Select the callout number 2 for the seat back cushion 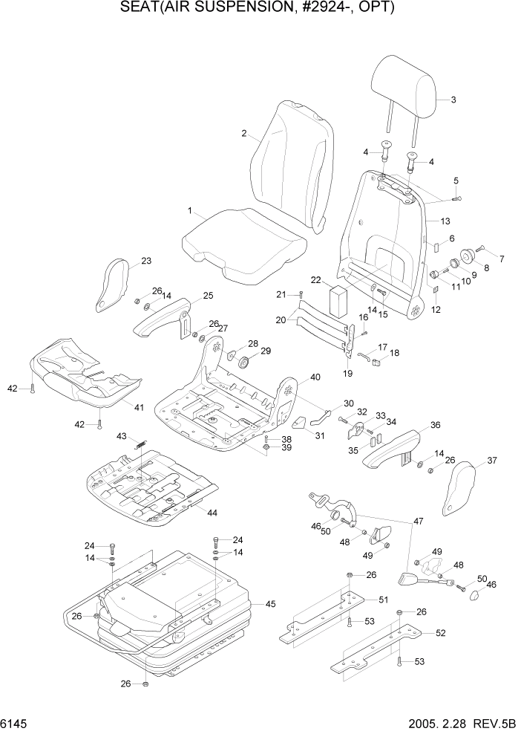[x=244, y=134]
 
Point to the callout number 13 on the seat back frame [x=445, y=221]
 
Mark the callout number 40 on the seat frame [x=315, y=377]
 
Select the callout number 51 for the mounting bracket [x=384, y=600]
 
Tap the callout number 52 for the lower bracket [x=440, y=633]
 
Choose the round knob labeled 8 [x=468, y=257]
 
